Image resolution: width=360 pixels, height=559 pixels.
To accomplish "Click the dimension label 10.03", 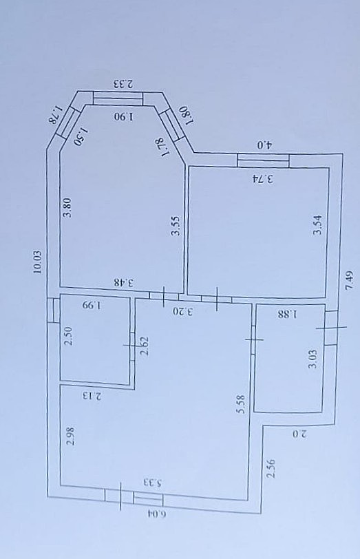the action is point(38,262).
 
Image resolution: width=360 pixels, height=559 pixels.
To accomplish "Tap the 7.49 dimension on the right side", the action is point(350,281).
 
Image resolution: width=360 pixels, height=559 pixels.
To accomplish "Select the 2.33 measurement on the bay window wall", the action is point(123,84).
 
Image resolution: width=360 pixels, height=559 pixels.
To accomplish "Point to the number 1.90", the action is point(125,116).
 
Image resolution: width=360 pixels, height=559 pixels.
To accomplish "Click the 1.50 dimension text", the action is point(82,136).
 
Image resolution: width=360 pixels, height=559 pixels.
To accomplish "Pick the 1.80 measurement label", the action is point(187,116).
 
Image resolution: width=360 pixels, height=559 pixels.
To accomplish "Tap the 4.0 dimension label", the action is point(264,145).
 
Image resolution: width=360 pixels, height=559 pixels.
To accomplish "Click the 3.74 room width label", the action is point(264,178).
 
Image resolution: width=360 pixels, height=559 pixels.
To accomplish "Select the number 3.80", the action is point(67,208).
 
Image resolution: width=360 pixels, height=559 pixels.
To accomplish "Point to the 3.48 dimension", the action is point(124,282).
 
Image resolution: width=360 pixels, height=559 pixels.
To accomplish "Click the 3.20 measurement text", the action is point(183,311).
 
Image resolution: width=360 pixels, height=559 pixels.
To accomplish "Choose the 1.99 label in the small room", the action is point(92,305).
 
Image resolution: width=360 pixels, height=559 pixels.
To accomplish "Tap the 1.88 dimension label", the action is point(288,314).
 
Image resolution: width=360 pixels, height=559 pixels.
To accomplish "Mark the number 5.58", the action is point(242,404).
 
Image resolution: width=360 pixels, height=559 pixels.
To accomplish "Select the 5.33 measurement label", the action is point(153,483).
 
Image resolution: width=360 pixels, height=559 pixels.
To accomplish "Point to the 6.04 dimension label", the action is point(157,514).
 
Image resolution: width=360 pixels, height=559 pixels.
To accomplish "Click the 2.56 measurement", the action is point(271,469).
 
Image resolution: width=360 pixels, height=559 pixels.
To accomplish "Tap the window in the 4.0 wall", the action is point(263,160).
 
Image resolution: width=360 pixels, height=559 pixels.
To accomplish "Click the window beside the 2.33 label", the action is point(118,98).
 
